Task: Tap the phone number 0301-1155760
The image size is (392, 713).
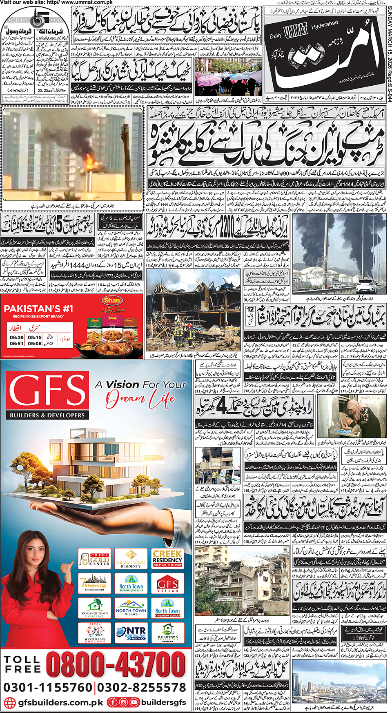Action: pos(48,688)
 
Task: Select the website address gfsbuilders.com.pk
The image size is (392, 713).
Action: pos(60,702)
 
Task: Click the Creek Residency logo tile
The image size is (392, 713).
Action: pos(167,558)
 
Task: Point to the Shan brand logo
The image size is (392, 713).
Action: pos(112,300)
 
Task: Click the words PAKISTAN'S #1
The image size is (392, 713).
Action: pos(38,309)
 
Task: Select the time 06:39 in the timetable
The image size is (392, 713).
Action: pos(17,338)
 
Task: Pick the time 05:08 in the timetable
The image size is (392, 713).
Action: pos(35,344)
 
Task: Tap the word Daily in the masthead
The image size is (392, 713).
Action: pos(276,36)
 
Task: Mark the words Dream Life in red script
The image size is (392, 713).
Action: pos(140,399)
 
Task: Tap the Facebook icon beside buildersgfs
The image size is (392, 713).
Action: pos(112,702)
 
